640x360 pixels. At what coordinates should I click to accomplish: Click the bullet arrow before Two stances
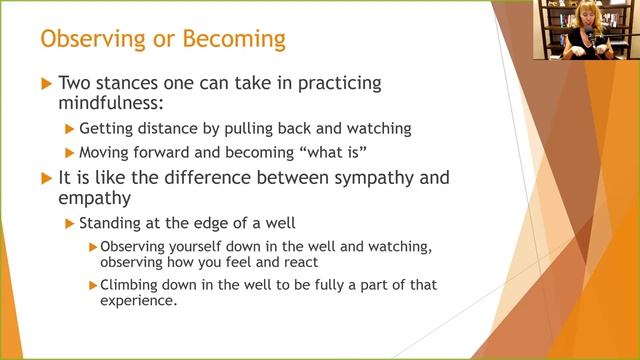point(45,85)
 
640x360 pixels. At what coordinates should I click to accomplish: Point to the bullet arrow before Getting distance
point(69,128)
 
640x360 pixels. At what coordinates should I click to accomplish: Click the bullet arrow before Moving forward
point(69,152)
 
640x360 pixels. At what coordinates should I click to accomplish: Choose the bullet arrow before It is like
point(45,178)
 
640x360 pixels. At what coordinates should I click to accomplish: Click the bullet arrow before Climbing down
point(93,286)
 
